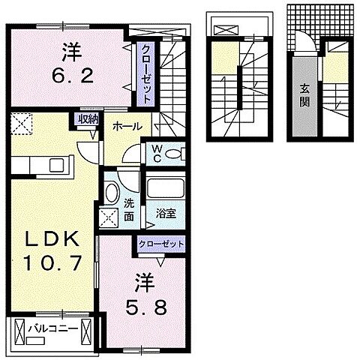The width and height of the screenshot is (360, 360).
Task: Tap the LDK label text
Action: pos(53,241)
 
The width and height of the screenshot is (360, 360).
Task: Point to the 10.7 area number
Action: pos(53,264)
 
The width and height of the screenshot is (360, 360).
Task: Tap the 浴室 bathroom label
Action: pos(166,213)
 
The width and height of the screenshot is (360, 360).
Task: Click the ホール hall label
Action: pos(127,127)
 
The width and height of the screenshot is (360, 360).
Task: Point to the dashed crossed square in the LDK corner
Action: pos(20,121)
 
